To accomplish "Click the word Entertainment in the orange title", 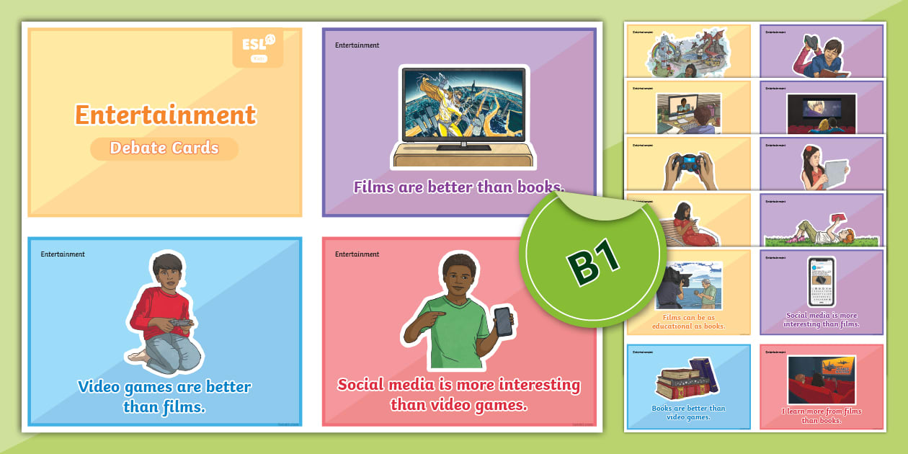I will point(165,115).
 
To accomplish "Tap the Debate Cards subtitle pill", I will point(164,148).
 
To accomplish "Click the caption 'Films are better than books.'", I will point(459,187).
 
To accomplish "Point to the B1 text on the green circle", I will point(595,263).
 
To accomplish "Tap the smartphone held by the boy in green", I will point(503,321).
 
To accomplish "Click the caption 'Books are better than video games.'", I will point(688,412).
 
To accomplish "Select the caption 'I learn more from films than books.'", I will point(822,416).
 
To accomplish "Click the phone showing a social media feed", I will point(822,282).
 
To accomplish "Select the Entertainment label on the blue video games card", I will point(63,254).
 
